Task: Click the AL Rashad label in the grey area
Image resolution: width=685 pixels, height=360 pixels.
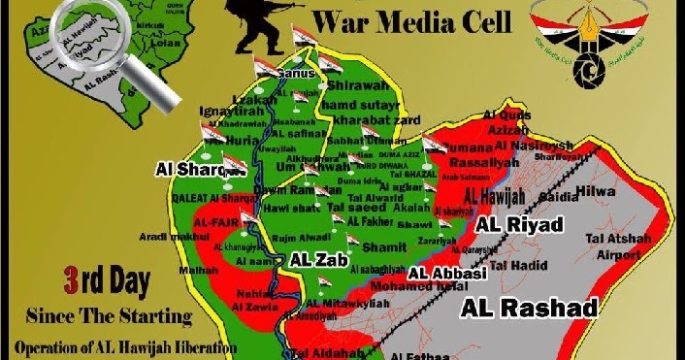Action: [529, 308]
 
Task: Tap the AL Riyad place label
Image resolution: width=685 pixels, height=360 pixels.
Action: [519, 225]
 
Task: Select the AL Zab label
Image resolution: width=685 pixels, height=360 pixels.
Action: [312, 260]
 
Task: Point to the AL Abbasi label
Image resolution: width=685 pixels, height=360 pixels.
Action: [446, 274]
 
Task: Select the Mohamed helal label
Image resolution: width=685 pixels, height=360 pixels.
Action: [438, 288]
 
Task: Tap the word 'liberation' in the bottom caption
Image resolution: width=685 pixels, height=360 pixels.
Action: [195, 346]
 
